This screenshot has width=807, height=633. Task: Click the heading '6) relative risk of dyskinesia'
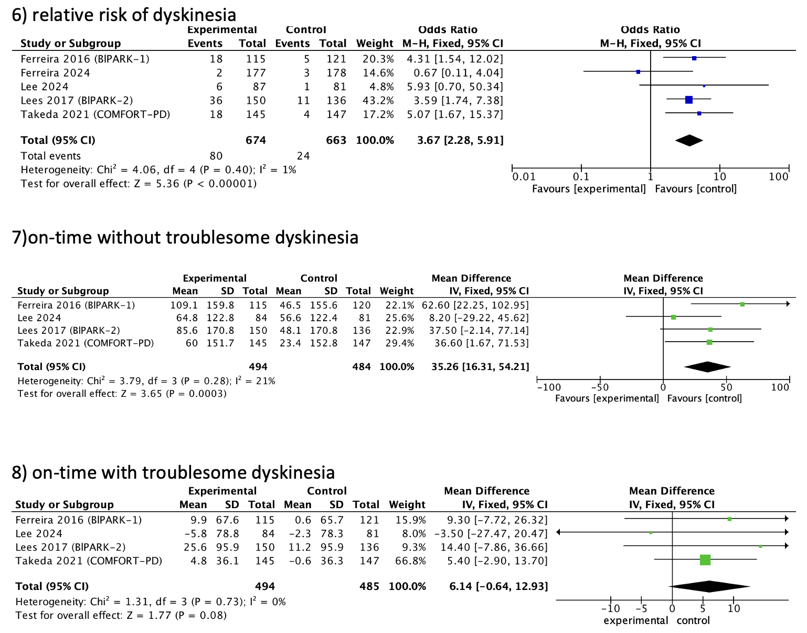click(x=124, y=14)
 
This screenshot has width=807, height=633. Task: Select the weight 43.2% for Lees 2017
click(x=375, y=100)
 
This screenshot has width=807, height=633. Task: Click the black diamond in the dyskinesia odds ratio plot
click(x=689, y=140)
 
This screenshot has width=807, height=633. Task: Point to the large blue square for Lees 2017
click(x=689, y=100)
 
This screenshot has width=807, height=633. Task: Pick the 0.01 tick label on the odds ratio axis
click(x=524, y=177)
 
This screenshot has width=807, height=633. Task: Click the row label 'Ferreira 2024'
click(x=55, y=72)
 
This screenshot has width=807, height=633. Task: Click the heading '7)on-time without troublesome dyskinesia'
click(x=185, y=238)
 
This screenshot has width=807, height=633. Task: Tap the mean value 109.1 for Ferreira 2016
click(x=184, y=305)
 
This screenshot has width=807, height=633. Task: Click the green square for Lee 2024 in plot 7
click(x=674, y=317)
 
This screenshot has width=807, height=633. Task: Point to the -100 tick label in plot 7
click(x=548, y=387)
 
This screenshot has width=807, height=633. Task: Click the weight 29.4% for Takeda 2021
click(x=397, y=343)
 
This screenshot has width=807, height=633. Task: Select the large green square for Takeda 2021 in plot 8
click(x=705, y=560)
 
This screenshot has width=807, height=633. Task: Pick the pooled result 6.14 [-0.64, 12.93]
click(x=498, y=586)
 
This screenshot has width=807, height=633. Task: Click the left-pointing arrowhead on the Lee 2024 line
click(x=559, y=532)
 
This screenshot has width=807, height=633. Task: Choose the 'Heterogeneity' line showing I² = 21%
click(x=146, y=381)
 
